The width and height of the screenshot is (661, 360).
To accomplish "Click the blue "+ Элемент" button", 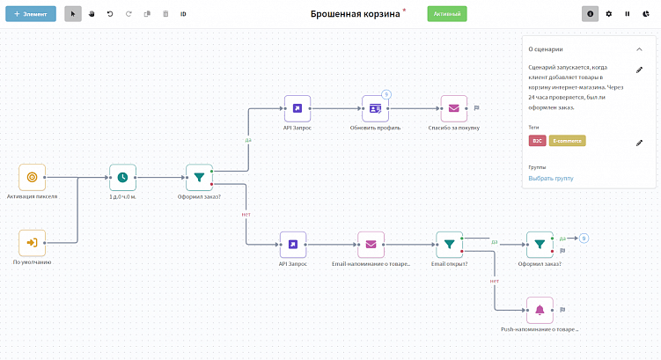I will click(31, 14).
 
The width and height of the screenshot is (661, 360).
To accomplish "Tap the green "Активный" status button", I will click(447, 14).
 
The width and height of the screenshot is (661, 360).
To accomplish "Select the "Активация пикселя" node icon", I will click(32, 177).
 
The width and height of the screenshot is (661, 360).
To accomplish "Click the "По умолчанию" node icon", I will click(32, 242).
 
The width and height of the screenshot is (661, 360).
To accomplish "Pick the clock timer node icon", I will click(122, 177).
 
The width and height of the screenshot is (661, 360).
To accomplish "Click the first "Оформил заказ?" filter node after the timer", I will click(199, 177).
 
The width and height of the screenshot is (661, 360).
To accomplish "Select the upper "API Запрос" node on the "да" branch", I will click(297, 108).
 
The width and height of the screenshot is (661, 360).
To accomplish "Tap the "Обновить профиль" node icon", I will click(376, 108).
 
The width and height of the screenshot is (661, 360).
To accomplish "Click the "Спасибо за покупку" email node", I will click(453, 108).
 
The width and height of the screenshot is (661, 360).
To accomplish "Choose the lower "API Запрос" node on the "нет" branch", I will click(293, 245).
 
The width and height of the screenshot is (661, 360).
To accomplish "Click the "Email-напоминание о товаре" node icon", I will click(371, 245).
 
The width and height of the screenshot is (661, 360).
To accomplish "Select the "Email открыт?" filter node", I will click(449, 245).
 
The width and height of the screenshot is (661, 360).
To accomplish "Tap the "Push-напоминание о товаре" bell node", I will click(540, 309).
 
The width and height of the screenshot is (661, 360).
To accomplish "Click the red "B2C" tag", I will click(536, 141).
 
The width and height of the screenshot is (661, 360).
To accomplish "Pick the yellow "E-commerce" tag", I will click(567, 141).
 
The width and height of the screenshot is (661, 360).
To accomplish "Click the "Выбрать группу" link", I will click(551, 179).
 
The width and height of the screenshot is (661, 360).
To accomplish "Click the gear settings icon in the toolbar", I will click(609, 14).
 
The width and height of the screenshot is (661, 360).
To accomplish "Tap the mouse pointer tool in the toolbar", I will click(74, 14).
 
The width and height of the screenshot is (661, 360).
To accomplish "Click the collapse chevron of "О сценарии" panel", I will click(639, 49).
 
